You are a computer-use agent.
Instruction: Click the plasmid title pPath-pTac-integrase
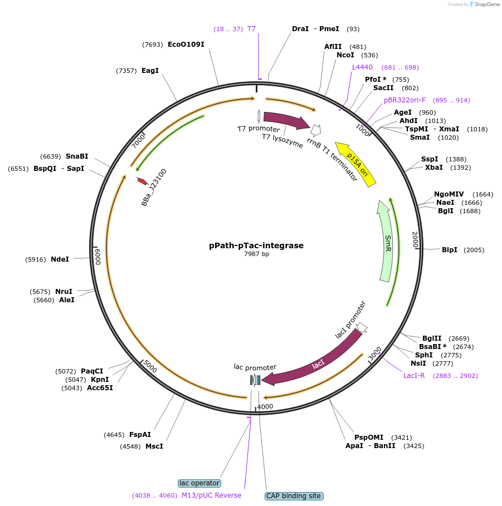(x=256, y=245)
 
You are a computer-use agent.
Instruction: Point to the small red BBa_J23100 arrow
(x=142, y=181)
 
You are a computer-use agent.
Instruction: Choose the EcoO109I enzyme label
(x=186, y=45)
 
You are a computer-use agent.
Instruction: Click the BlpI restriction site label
(x=449, y=249)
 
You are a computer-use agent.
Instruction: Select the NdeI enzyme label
(x=60, y=259)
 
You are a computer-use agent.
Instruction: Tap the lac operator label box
(x=199, y=483)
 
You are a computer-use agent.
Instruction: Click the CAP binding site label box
(x=294, y=495)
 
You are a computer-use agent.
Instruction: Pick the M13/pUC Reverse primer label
(x=212, y=495)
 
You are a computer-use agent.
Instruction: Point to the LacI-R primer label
(x=414, y=376)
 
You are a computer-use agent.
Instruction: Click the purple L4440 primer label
(x=362, y=67)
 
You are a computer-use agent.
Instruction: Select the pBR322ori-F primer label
(x=404, y=100)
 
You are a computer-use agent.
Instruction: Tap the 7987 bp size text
(x=256, y=254)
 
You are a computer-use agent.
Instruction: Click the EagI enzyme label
(x=150, y=71)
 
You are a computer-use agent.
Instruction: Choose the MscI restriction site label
(x=154, y=446)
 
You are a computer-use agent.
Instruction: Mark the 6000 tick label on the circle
(x=98, y=257)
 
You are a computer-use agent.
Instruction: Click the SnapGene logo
(x=485, y=4)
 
